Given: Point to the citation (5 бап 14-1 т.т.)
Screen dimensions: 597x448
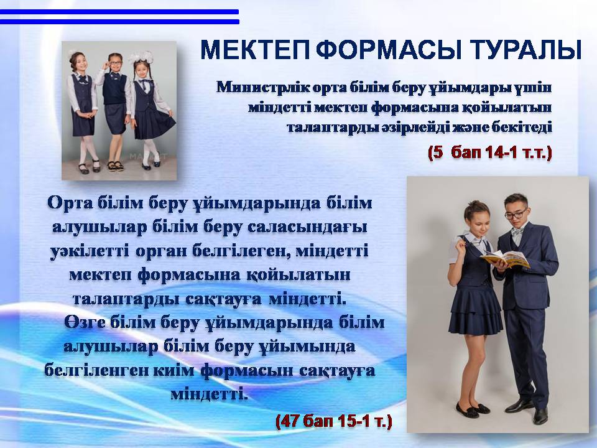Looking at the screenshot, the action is (489, 153).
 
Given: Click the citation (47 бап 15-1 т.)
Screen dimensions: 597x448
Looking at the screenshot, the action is (333, 421).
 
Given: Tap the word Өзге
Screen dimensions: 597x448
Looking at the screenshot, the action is (85, 323).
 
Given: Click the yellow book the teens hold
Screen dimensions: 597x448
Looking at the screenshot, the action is (504, 259).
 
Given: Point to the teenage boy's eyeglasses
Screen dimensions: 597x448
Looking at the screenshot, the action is (516, 213).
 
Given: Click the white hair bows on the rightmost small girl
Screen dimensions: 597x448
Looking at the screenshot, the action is (141, 57).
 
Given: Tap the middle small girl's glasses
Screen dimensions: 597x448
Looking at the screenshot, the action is (115, 63).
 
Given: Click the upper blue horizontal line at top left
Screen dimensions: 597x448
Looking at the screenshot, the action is (119, 12).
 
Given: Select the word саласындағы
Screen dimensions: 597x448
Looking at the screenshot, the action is (307, 228).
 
